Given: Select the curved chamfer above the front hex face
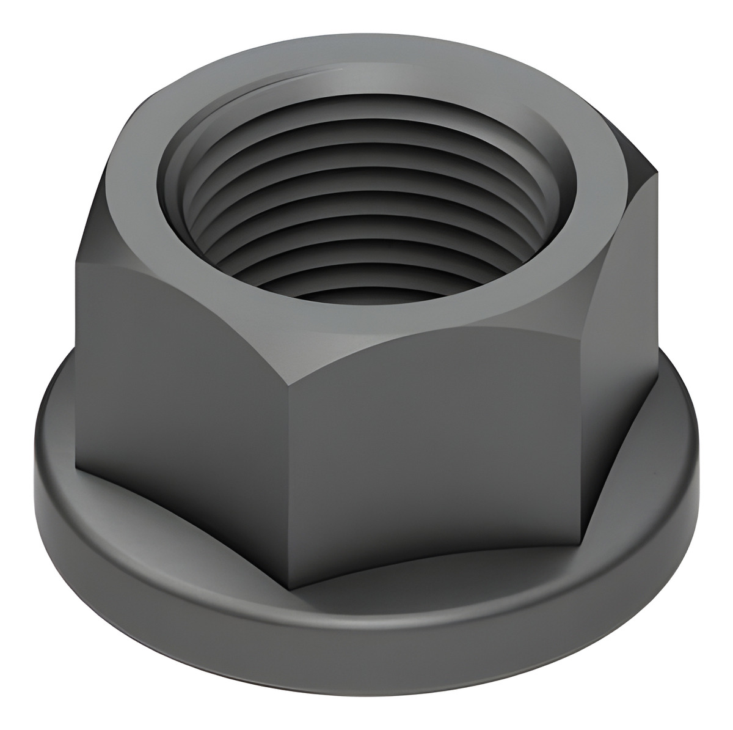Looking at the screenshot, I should (x=428, y=342).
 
